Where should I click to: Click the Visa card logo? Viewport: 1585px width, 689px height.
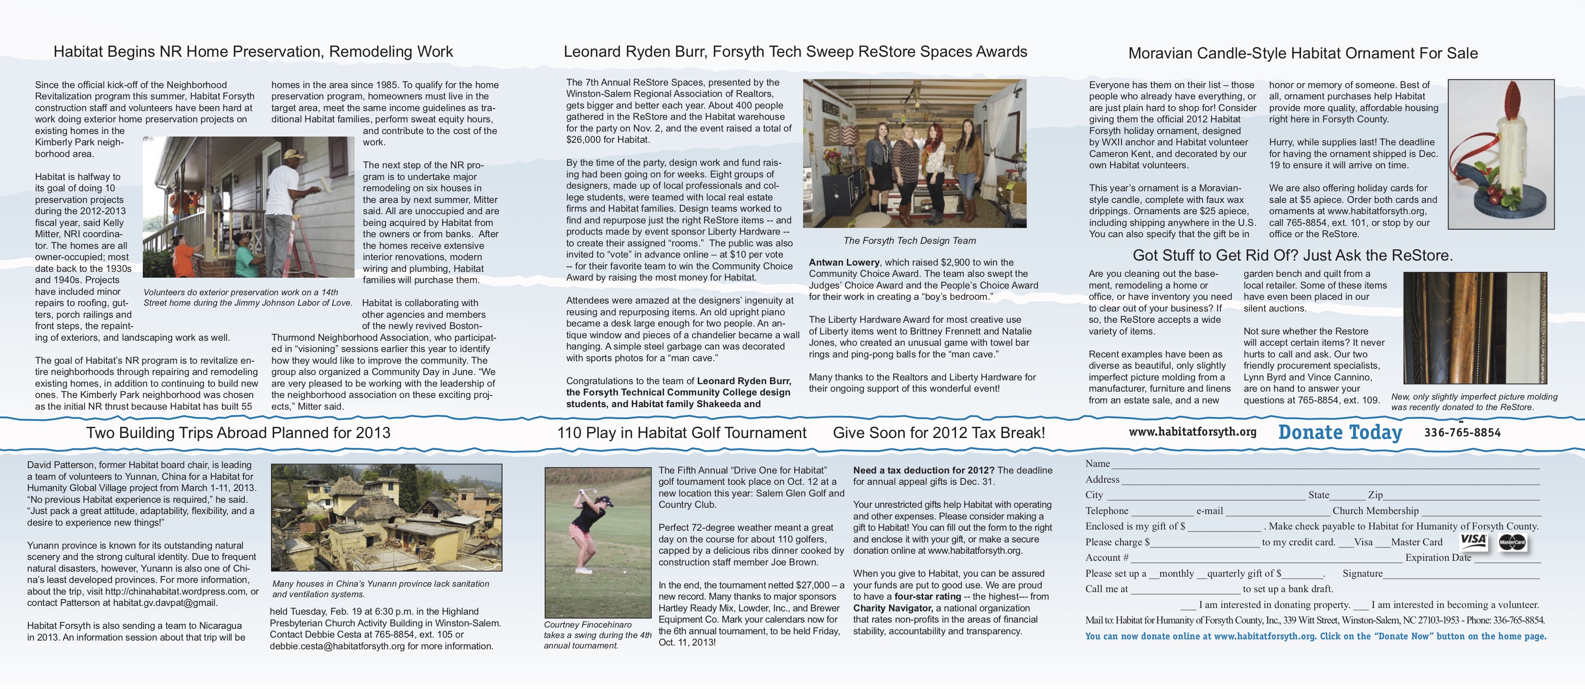1473,541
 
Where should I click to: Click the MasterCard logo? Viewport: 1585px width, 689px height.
1512,542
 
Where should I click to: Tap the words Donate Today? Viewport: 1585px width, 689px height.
1340,433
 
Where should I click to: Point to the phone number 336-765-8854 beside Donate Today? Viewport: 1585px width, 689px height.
1462,433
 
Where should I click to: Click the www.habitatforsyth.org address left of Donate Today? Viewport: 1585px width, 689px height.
1192,432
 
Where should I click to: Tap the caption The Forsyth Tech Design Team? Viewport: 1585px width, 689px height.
909,241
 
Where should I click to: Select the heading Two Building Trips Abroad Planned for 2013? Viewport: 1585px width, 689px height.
238,433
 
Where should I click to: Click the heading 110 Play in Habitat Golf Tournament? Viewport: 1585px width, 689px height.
681,433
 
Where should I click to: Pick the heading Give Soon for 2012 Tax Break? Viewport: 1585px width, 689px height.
938,433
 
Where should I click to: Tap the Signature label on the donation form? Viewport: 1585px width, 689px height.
1362,573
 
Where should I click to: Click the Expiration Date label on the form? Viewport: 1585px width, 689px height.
1438,557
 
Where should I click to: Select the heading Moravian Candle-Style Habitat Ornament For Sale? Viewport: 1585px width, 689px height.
1303,53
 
